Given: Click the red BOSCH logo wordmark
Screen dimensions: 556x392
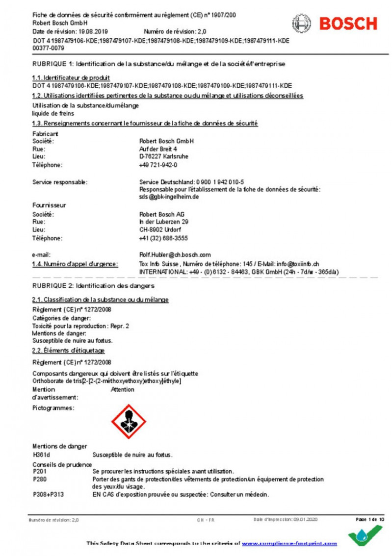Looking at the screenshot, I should tap(348, 24).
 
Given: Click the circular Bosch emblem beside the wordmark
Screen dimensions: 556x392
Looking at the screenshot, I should tap(302, 24).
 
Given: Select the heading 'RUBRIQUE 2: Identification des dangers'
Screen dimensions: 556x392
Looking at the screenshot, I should tap(93, 285).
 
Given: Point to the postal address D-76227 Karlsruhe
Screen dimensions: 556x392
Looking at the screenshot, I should tap(163, 156).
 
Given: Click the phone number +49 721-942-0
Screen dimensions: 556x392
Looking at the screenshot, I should tap(158, 165).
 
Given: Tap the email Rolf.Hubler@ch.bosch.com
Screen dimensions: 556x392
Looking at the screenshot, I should tap(175, 254).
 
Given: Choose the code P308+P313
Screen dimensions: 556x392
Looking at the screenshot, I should tap(48, 495).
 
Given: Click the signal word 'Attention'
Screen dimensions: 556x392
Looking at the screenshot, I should tap(123, 389).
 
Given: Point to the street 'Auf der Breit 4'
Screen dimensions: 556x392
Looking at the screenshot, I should tap(158, 149).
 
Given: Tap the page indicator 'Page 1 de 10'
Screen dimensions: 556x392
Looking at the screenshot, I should tap(369, 519).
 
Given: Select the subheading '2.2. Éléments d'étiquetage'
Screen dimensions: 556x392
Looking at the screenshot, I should tap(68, 351).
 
